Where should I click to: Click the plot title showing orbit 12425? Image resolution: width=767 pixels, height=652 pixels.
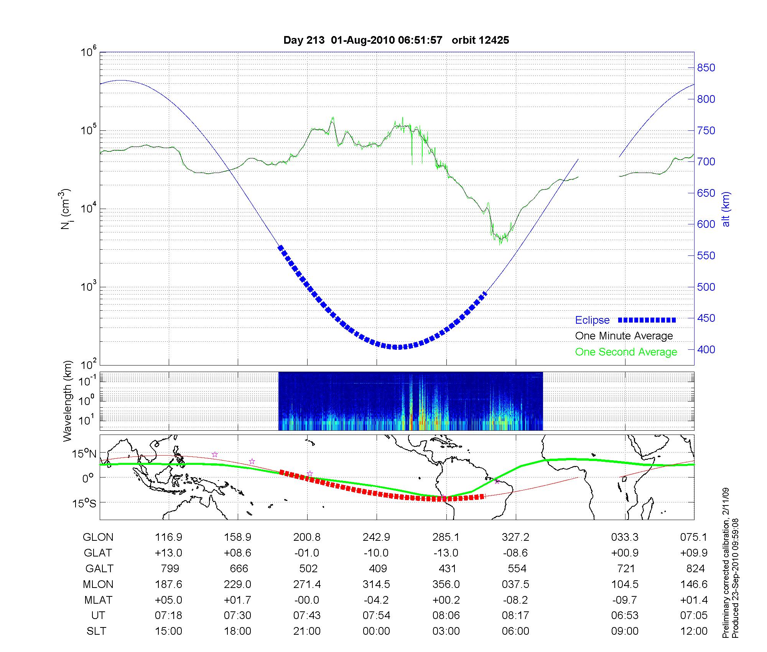(396, 40)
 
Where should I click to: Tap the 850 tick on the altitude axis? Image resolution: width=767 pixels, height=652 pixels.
(706, 68)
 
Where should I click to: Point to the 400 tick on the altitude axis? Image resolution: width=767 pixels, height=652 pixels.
(706, 349)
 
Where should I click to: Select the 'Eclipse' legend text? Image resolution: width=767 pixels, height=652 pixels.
(592, 320)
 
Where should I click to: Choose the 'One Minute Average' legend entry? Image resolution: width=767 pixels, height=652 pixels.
(624, 336)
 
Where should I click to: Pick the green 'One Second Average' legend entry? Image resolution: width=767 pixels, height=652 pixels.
(626, 352)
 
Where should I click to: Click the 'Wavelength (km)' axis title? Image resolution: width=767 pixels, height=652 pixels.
(68, 401)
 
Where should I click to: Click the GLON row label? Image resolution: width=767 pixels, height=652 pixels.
(98, 537)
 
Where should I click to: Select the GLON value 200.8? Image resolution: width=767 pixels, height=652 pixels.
(307, 537)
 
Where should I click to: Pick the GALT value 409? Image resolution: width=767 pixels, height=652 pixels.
(377, 568)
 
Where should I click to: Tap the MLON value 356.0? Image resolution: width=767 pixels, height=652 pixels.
(446, 584)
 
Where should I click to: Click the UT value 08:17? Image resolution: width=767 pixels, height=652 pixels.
(515, 616)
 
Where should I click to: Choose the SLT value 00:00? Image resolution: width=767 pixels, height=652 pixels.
(376, 631)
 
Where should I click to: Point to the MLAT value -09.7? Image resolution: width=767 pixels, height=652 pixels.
(625, 600)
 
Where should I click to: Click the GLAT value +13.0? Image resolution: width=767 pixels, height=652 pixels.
(168, 553)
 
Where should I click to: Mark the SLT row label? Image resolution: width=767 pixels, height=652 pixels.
(96, 631)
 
